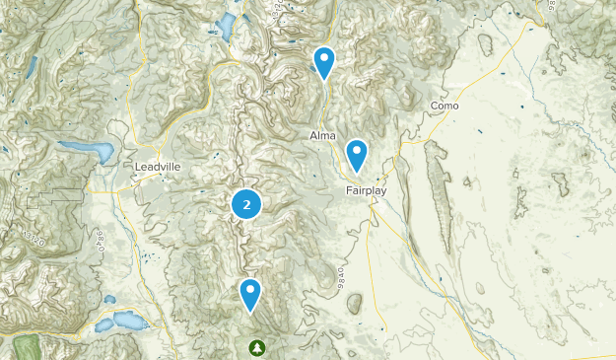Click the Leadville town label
coord(158,168)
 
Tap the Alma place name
coord(322,135)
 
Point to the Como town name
coord(445,106)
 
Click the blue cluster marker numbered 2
coord(246,204)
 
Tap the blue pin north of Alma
coord(323,62)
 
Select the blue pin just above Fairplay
coord(356,154)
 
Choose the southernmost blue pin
coord(251,293)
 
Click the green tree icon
coord(257,347)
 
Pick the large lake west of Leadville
coord(87,151)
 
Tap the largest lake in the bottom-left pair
coord(127,321)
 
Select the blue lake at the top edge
coord(227,27)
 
